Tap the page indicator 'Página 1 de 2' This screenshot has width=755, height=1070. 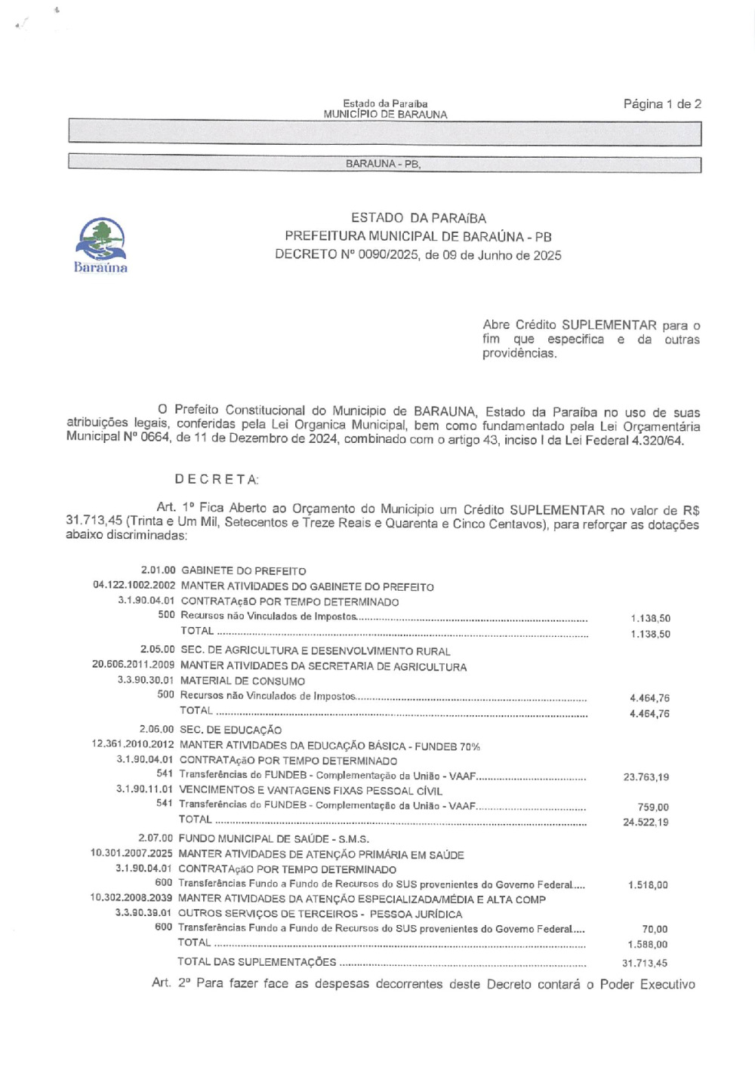(662, 104)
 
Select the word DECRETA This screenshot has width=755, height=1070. (217, 479)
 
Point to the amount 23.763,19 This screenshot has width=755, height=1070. (646, 776)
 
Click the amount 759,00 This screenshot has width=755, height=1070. (653, 807)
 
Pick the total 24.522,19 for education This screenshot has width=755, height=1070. (646, 822)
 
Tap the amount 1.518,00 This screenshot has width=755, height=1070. (648, 885)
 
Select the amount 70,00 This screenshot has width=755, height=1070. (655, 929)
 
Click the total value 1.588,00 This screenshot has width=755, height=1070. (648, 944)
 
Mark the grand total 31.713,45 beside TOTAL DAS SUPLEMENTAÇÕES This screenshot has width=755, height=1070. (645, 963)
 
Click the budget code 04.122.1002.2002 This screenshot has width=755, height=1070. (134, 586)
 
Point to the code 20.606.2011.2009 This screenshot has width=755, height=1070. (133, 666)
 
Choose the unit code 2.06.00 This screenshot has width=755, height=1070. (156, 730)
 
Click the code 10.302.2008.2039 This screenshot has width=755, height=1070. (131, 898)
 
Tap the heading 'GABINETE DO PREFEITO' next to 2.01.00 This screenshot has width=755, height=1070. (243, 571)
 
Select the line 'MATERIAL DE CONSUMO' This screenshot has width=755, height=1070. (242, 681)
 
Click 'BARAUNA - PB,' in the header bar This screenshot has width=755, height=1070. (383, 164)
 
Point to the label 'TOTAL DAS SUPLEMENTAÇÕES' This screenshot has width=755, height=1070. (257, 961)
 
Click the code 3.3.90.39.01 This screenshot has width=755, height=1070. (143, 913)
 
